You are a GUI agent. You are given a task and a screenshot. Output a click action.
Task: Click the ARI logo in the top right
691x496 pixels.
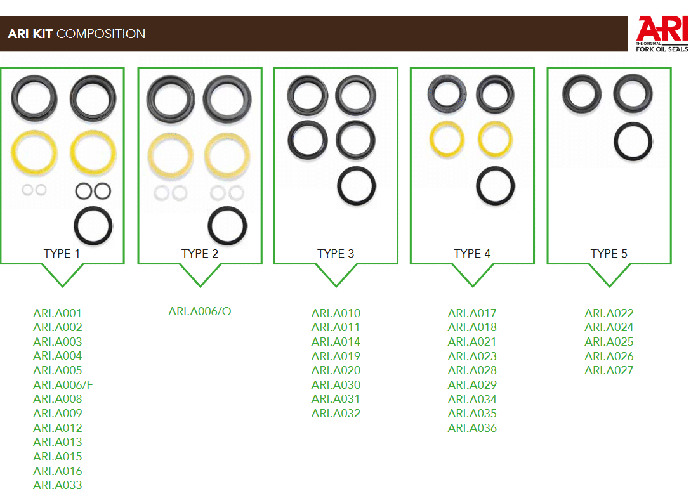661,34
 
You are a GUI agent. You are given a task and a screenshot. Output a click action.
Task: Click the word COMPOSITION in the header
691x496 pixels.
101,34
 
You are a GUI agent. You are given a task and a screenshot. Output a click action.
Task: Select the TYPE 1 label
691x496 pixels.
62,253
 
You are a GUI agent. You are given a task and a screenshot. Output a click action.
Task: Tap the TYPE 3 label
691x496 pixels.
336,253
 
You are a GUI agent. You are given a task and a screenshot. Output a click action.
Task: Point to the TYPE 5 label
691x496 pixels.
609,253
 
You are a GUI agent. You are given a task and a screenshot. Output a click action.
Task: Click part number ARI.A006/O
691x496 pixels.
200,311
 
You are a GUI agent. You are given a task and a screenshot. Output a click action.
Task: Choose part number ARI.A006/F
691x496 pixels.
63,385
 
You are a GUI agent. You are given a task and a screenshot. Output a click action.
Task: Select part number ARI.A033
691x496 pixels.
58,485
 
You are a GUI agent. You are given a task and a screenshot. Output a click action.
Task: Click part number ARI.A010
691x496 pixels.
336,313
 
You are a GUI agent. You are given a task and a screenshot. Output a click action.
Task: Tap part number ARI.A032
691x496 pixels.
336,414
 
